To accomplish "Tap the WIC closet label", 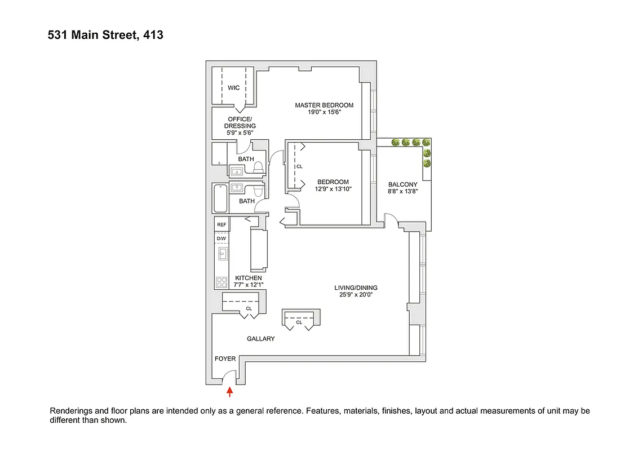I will point(233,88).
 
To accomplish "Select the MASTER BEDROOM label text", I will point(324,105).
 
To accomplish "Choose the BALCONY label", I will point(403,184).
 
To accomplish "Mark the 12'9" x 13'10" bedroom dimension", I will point(333,189).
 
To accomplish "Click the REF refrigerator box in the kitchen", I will point(221,225).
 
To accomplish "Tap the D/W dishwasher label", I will point(221,238).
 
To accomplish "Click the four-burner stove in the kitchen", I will point(221,282).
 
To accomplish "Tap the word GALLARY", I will point(260,339).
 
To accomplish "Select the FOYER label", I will point(225,359).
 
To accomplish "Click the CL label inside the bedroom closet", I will point(299,167).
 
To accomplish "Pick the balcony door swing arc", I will point(391,218).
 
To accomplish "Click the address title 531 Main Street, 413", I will point(105,35).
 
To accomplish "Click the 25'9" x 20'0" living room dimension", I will point(353,294).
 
